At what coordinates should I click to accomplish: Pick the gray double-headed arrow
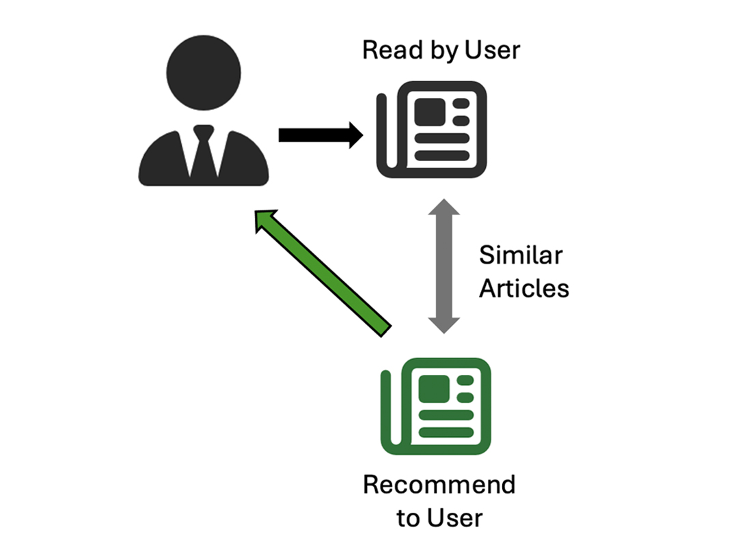pyautogui.click(x=443, y=266)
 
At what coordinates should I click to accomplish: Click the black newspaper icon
pyautogui.click(x=433, y=130)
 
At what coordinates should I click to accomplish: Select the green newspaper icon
pyautogui.click(x=436, y=406)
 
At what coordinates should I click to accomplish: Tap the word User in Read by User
pyautogui.click(x=492, y=50)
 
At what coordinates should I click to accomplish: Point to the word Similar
pyautogui.click(x=521, y=255)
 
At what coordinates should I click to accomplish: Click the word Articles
pyautogui.click(x=523, y=288)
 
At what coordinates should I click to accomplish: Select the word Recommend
pyautogui.click(x=439, y=485)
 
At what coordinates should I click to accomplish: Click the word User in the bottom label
pyautogui.click(x=454, y=517)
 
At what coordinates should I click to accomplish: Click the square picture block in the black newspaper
pyautogui.click(x=429, y=112)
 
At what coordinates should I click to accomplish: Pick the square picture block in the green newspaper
pyautogui.click(x=433, y=388)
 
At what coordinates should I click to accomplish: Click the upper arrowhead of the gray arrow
pyautogui.click(x=443, y=208)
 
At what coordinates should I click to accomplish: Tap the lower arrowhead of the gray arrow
pyautogui.click(x=443, y=324)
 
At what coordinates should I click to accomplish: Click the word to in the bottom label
pyautogui.click(x=408, y=518)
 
